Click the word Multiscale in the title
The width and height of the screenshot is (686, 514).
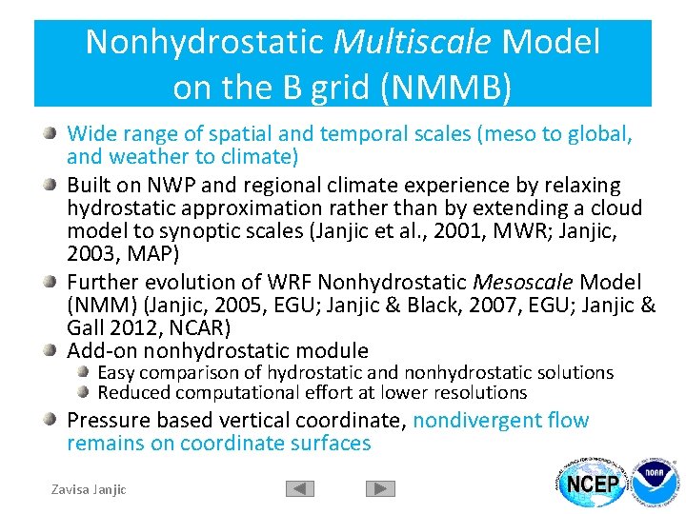tap(412, 42)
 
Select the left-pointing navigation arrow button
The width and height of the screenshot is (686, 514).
tap(300, 488)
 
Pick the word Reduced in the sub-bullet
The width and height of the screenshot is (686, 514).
tap(131, 392)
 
